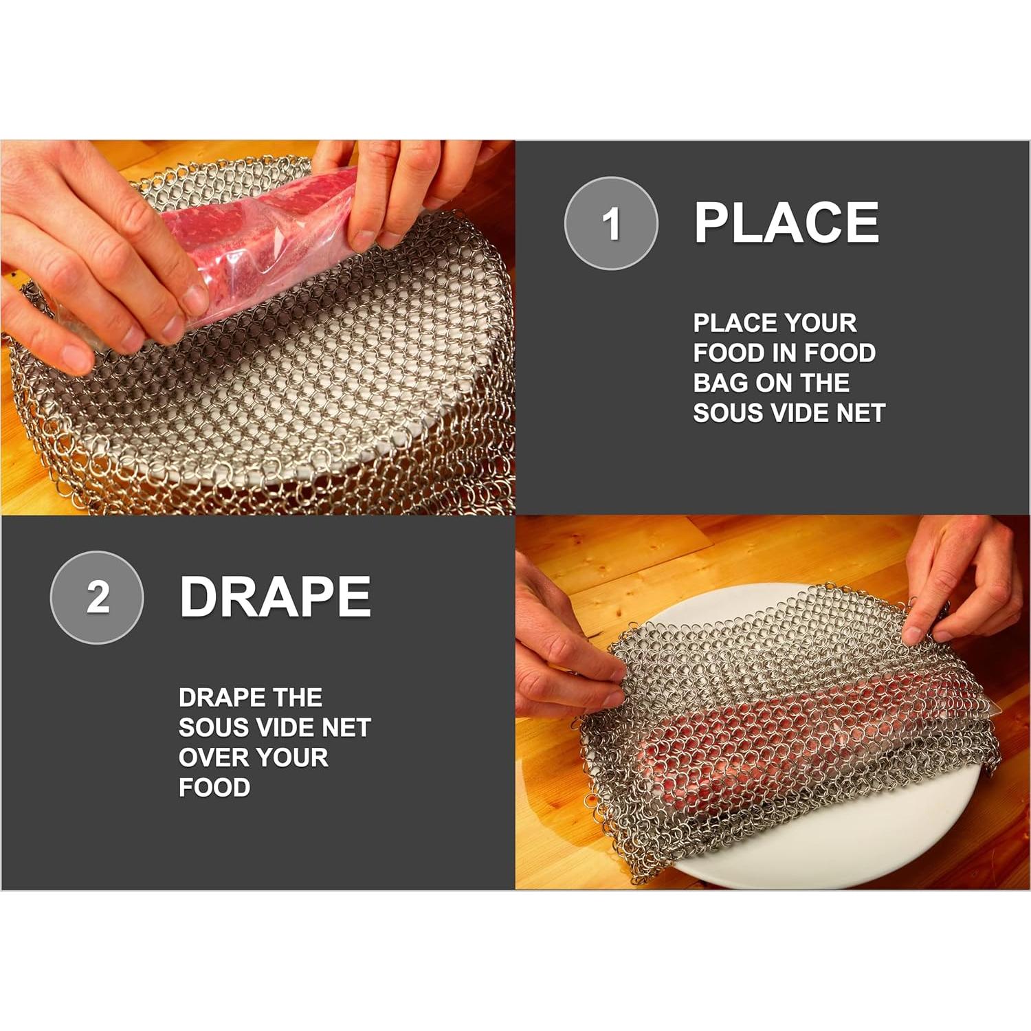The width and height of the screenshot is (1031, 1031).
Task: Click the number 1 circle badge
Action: tap(611, 223)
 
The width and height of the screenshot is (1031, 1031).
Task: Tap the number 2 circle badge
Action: tap(97, 597)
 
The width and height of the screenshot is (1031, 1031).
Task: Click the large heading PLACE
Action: tap(786, 223)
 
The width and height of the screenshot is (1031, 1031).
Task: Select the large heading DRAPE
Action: tap(275, 597)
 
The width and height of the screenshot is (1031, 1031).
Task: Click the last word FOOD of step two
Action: tap(214, 788)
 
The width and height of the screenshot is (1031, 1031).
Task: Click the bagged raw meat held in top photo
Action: tap(261, 234)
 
